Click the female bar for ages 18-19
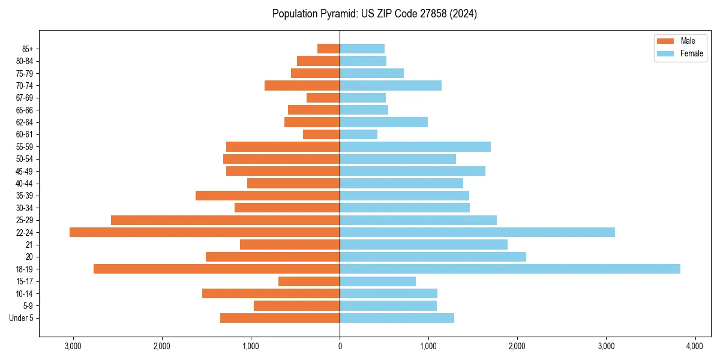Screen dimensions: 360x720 (510, 269)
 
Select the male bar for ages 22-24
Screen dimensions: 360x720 (205, 232)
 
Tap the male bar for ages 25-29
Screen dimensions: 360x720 (226, 220)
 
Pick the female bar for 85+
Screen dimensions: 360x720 (362, 49)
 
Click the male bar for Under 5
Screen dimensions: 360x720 (280, 318)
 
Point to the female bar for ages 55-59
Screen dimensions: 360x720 (415, 146)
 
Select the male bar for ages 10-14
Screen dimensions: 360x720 (271, 293)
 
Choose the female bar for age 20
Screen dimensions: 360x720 (433, 257)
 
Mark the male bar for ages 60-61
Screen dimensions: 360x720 (322, 134)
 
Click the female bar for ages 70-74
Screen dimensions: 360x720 (391, 85)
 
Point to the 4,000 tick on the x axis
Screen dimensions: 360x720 (695, 346)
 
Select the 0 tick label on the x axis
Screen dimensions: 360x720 (340, 346)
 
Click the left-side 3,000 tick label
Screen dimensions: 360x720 (73, 346)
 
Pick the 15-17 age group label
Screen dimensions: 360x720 (25, 281)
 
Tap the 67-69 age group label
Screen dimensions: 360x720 (25, 98)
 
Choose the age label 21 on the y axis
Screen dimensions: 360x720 (29, 245)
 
